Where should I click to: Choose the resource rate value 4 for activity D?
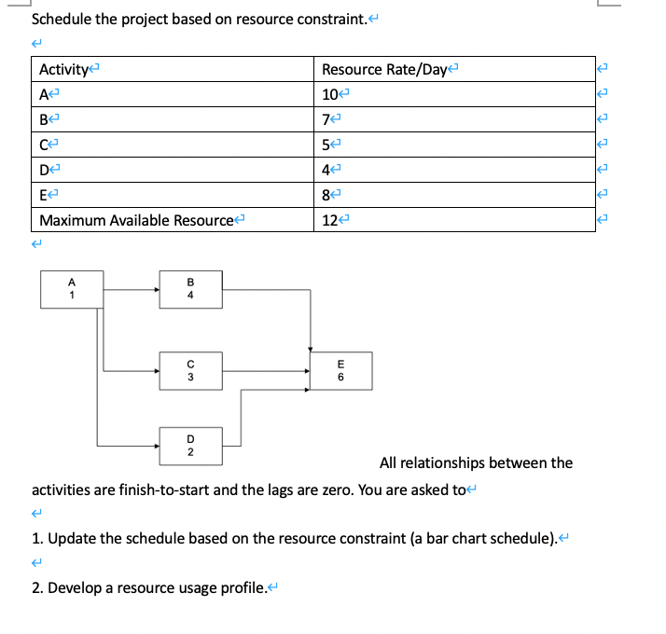(326, 171)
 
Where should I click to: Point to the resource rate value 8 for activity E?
(326, 196)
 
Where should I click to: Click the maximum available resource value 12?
(329, 221)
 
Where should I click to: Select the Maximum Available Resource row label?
(135, 221)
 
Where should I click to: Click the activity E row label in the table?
(44, 196)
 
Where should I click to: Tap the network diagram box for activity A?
(71, 289)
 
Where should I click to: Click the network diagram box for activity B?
(189, 289)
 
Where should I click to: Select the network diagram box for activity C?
(189, 370)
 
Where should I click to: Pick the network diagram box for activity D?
(189, 445)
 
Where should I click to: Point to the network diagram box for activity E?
(340, 370)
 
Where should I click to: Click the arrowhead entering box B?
(157, 289)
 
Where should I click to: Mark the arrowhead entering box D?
(157, 445)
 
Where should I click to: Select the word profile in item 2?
(239, 587)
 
